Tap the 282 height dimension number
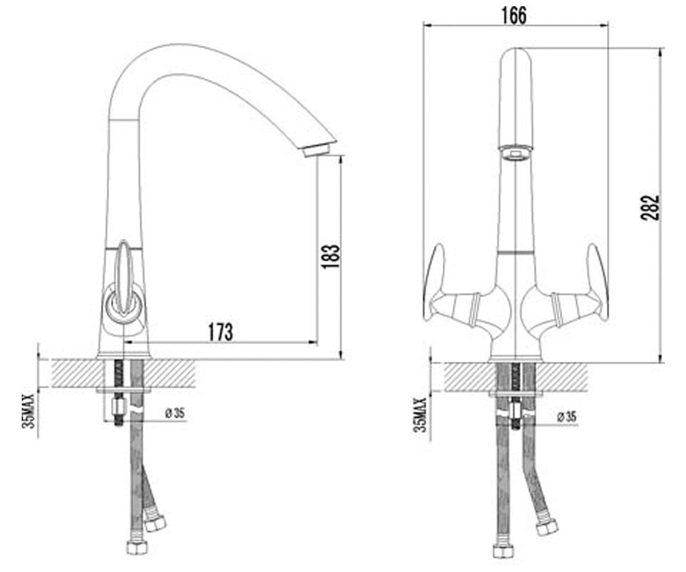click(x=650, y=208)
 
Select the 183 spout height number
click(x=331, y=256)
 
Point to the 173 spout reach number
click(x=221, y=332)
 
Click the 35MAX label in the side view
click(x=28, y=411)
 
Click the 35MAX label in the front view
click(x=420, y=415)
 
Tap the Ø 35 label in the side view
click(x=175, y=413)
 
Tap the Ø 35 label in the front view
click(x=567, y=417)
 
